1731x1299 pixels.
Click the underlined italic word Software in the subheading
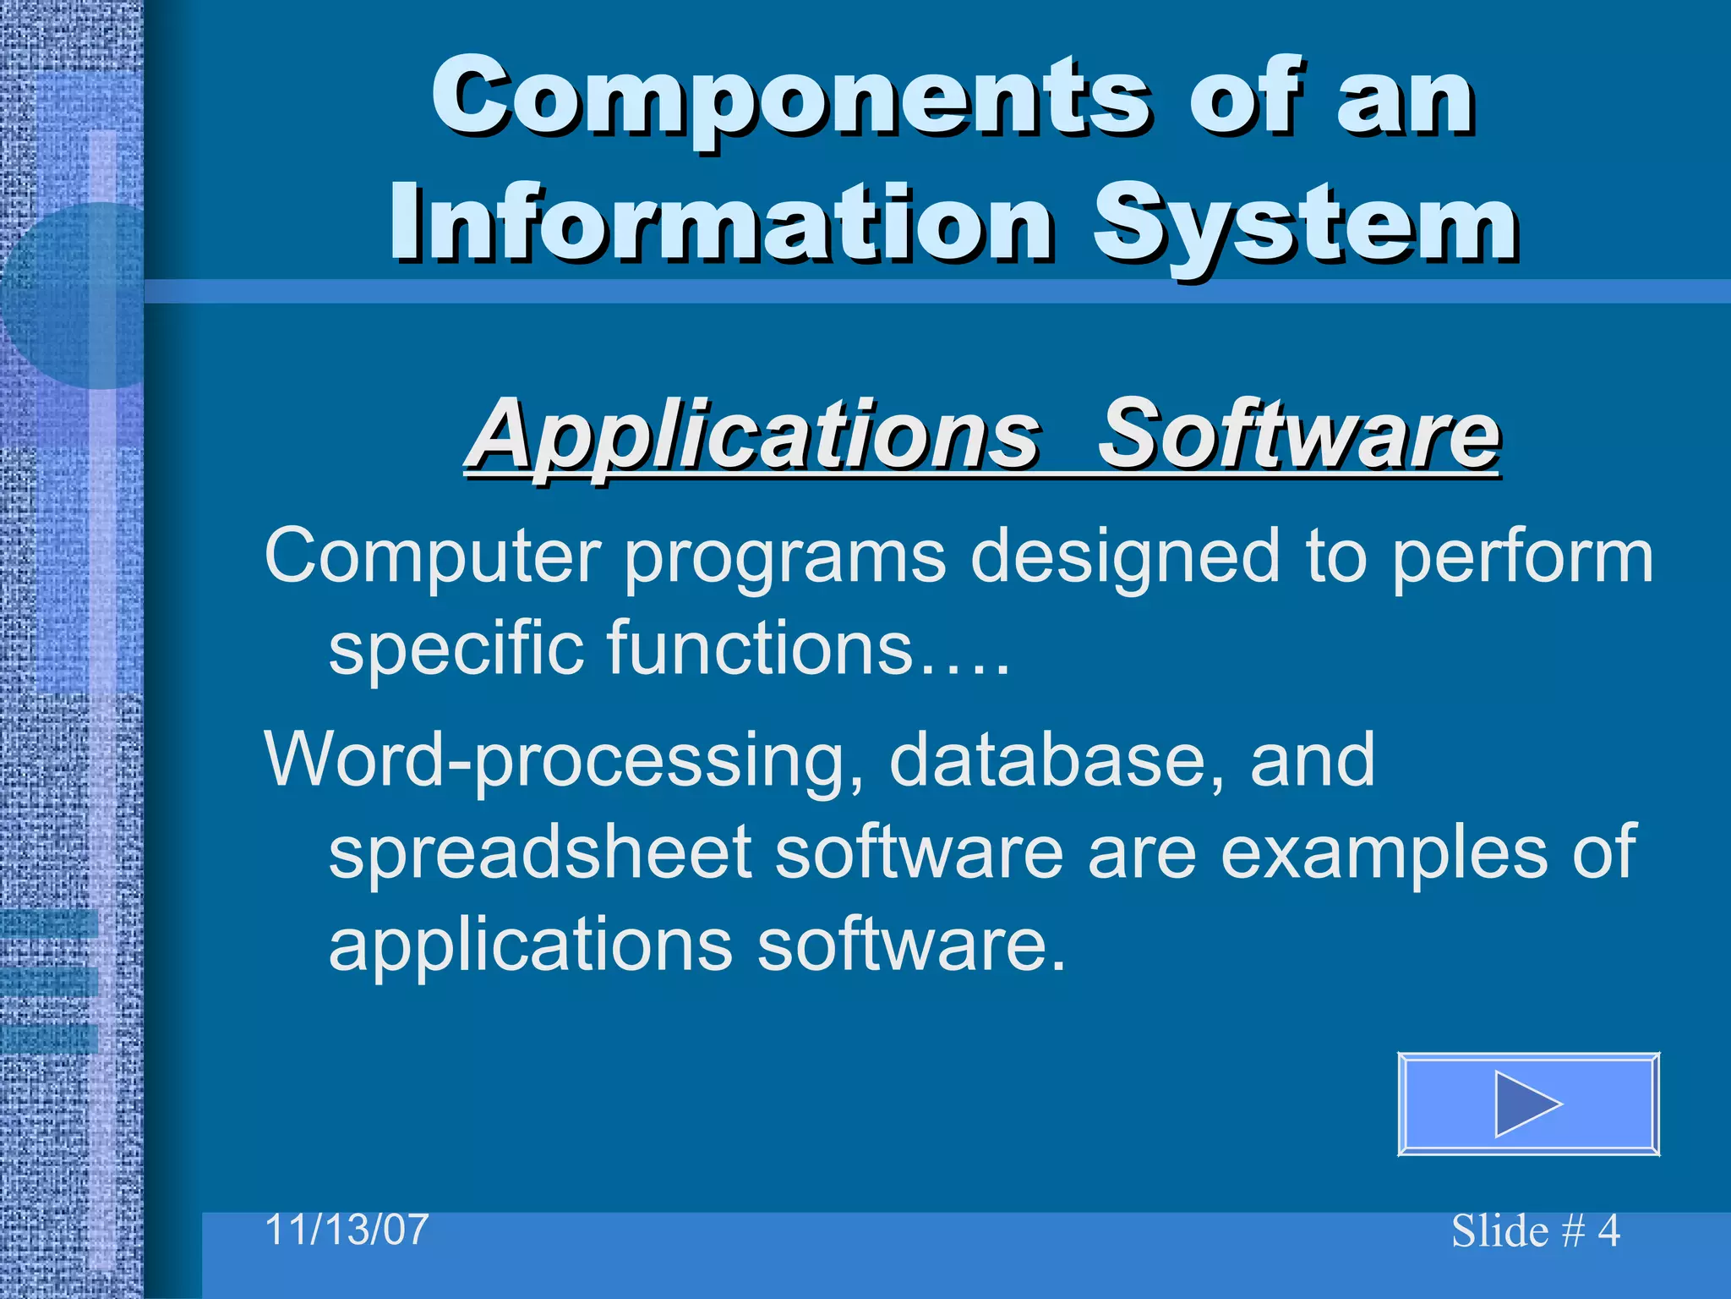point(1297,435)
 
